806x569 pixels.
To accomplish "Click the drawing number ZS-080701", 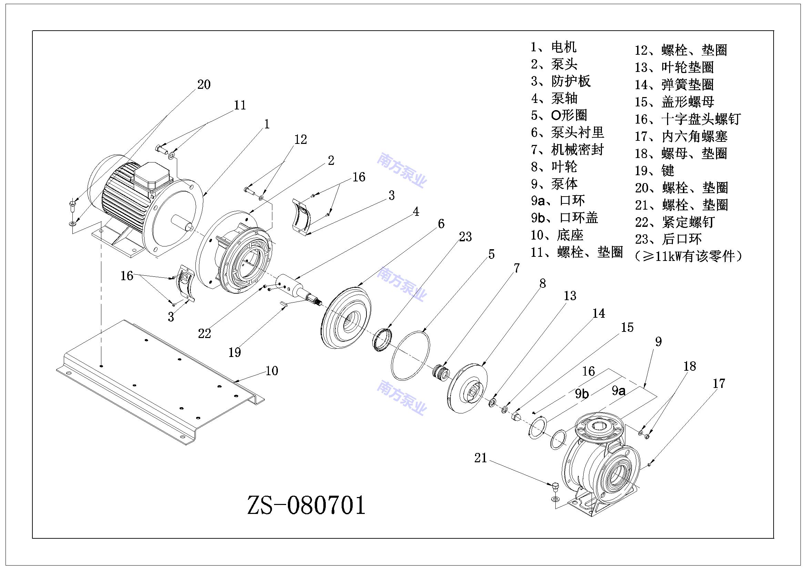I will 306,505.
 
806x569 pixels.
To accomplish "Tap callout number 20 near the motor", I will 204,84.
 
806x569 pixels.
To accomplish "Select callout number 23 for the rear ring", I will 465,237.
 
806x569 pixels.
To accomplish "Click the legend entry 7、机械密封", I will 567,150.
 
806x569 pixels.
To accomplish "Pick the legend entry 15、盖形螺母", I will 674,102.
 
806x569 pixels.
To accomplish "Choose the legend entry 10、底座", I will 557,235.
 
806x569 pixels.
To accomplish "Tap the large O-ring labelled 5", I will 410,355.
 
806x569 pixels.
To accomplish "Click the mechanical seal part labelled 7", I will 442,371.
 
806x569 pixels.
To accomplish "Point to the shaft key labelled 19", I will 284,304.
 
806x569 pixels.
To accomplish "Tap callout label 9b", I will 582,394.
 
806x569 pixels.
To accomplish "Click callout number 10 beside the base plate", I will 272,371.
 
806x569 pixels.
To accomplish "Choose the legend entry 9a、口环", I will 557,201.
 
